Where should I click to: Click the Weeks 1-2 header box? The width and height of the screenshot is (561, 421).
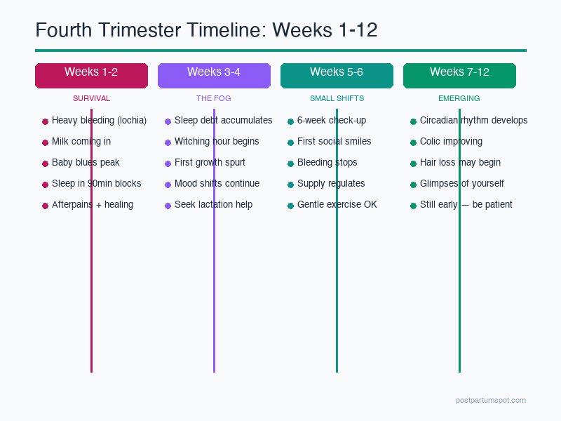tap(91, 75)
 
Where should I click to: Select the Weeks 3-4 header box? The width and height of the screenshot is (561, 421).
tap(214, 75)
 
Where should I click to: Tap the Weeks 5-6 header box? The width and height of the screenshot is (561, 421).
tap(337, 75)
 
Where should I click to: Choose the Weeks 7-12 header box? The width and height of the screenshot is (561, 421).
tap(459, 75)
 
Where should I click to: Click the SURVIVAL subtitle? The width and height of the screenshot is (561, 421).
tap(91, 98)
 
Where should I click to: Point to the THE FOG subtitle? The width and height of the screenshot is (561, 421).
tap(214, 98)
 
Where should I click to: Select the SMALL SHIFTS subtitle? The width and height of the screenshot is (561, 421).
tap(337, 98)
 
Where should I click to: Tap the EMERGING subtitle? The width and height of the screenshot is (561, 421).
tap(459, 98)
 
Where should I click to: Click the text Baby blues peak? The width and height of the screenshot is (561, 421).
tap(86, 163)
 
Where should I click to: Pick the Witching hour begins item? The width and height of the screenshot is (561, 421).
tap(217, 142)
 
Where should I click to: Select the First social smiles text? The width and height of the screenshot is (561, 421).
tap(334, 142)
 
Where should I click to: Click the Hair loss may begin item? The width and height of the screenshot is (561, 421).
tap(460, 163)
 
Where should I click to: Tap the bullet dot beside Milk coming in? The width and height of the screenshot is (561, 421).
tap(45, 142)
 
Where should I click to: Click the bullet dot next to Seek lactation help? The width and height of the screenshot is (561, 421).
tap(168, 206)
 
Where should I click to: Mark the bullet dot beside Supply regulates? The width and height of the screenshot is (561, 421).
tap(290, 185)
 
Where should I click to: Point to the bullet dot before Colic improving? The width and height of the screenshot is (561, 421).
tap(413, 142)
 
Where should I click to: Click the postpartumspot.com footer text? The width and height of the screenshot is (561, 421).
tap(490, 400)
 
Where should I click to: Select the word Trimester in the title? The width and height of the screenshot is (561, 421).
tap(157, 30)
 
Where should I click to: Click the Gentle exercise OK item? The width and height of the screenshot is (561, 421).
tap(337, 205)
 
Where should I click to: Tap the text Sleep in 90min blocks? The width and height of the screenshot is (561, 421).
tap(96, 184)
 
